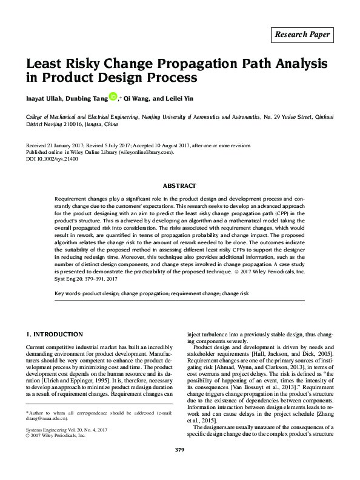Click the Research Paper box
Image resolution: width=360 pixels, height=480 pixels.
[x=303, y=35]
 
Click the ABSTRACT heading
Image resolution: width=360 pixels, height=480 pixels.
[x=179, y=186]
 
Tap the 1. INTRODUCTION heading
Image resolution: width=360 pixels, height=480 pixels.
[x=55, y=335]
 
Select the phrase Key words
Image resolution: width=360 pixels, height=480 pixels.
[x=67, y=293]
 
